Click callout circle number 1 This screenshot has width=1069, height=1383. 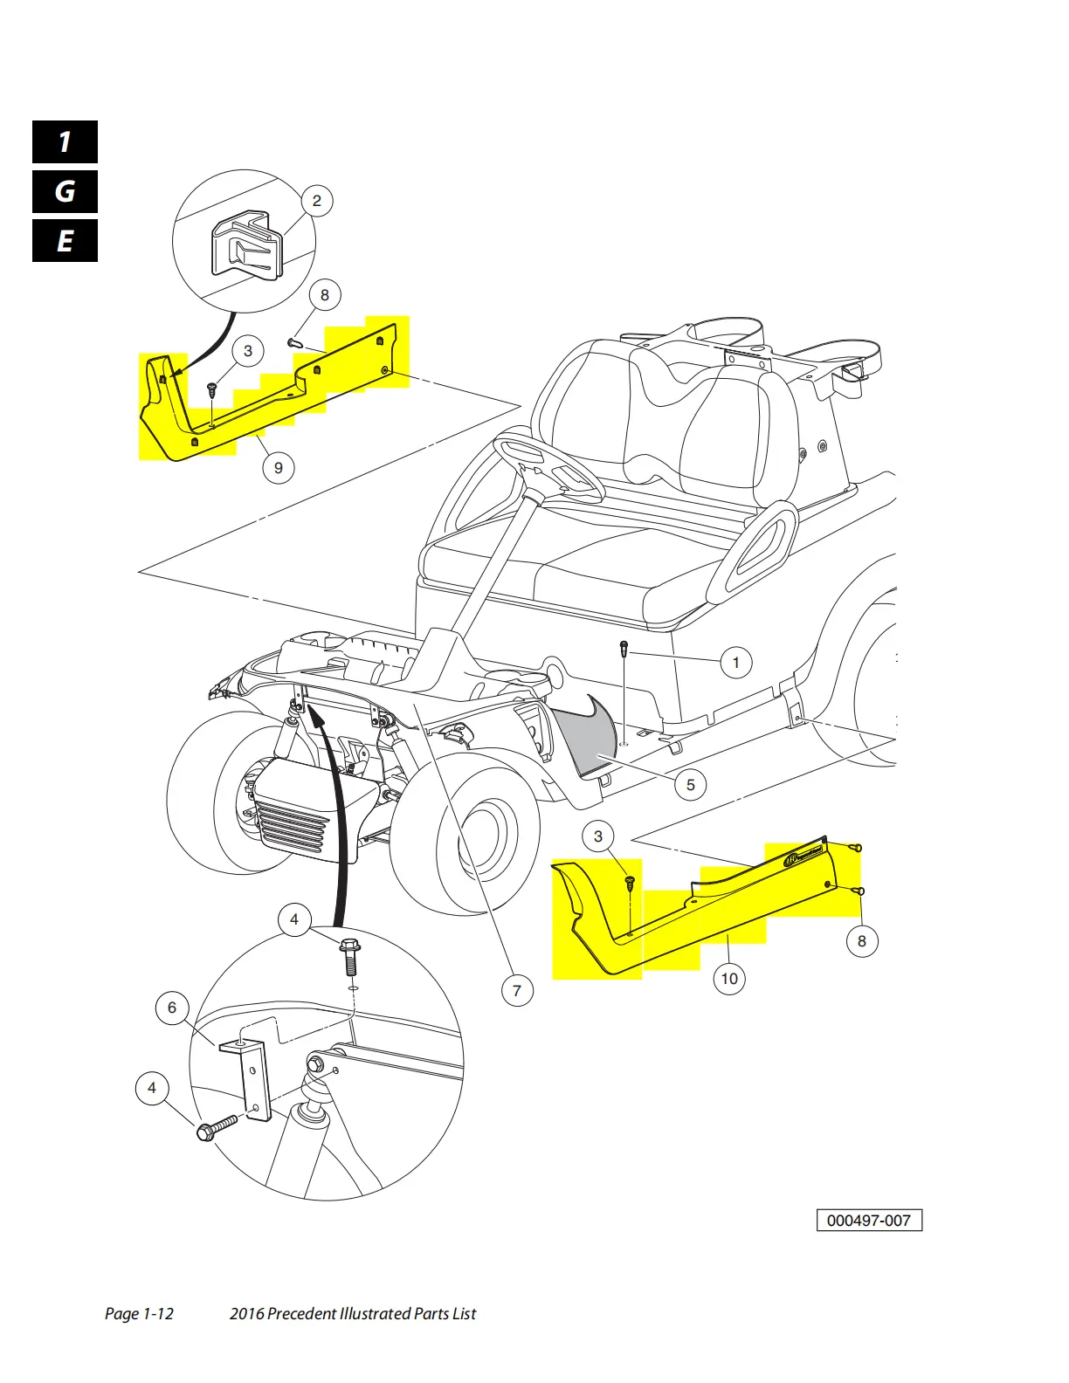pos(735,663)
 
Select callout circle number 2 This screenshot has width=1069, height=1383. pos(316,201)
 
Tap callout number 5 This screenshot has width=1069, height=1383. pos(690,784)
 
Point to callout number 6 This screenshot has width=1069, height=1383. pos(172,1008)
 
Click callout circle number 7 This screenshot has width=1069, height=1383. pos(517,990)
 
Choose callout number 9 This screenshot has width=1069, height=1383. pos(278,467)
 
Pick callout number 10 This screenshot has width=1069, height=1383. pos(729,978)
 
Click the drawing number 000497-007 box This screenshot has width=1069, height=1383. pos(868,1220)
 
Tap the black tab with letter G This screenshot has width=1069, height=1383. pos(65,191)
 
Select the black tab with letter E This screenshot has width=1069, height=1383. pos(65,240)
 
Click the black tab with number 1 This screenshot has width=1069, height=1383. pos(65,141)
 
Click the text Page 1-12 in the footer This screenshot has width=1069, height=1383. pos(139,1313)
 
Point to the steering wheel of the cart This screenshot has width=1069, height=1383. pos(548,469)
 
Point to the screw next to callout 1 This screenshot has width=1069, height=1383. pos(624,649)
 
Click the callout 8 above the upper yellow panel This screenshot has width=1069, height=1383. pos(324,295)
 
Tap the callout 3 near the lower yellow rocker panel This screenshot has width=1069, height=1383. pos(597,836)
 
